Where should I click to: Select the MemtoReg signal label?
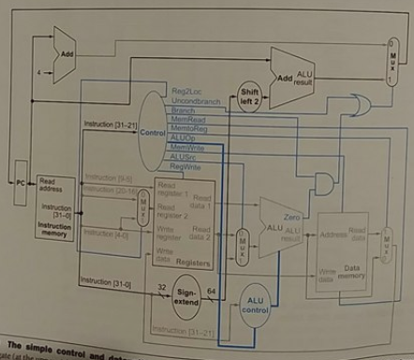pyautogui.click(x=188, y=129)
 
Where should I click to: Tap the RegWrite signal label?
pyautogui.click(x=186, y=165)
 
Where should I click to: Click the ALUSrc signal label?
pyautogui.click(x=185, y=157)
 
